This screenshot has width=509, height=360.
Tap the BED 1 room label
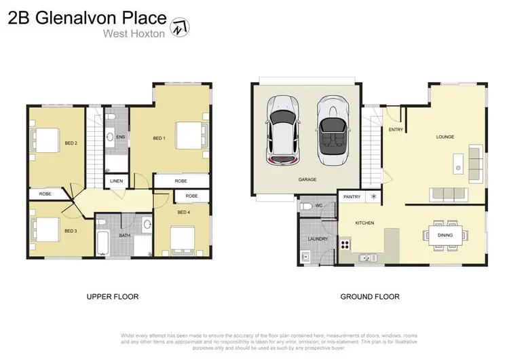coord(159,139)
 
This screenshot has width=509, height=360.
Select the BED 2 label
coord(71,143)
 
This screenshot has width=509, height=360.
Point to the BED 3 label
coord(71,231)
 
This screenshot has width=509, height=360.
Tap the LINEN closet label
coord(116,181)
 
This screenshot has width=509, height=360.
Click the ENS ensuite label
coord(121,137)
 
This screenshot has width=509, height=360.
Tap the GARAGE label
coord(307,179)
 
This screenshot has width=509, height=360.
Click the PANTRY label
coord(352,197)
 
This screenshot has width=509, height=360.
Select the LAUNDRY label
coord(317,239)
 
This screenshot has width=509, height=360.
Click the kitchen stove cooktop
coord(344,245)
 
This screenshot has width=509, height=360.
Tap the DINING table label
coord(446,236)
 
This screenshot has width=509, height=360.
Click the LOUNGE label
coord(445,137)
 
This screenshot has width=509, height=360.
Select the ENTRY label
coord(395,130)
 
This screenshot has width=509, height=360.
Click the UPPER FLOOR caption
coord(112,297)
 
